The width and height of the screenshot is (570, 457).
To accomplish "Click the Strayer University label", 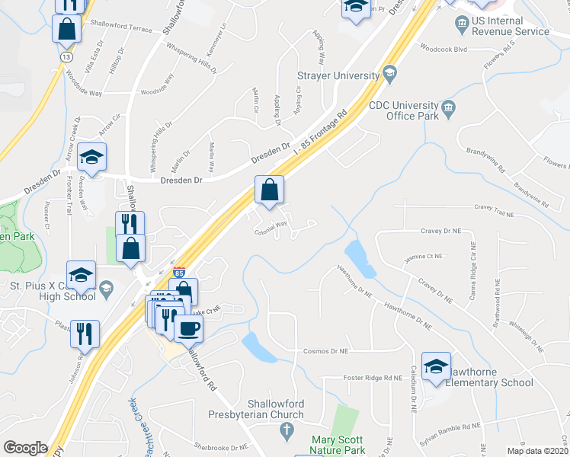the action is [338, 76].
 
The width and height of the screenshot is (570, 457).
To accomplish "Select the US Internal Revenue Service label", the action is [510, 26].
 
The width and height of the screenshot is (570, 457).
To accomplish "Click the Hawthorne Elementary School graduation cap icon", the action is [436, 366].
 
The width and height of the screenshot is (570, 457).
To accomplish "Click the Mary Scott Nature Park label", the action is [335, 445].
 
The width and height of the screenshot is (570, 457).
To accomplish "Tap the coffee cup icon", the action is [187, 328].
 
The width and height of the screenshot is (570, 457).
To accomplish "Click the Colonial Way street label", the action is [271, 224].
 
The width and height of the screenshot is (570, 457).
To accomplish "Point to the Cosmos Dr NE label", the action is [325, 351].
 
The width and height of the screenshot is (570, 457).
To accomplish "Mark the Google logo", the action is [25, 447].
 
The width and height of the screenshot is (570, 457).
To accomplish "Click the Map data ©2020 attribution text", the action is [536, 451].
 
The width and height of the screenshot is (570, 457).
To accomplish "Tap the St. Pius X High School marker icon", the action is [105, 287].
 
